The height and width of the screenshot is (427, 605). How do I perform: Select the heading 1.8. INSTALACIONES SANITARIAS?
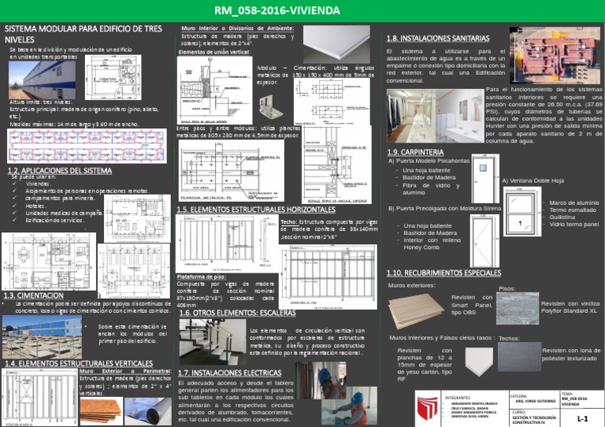click(x=437, y=38)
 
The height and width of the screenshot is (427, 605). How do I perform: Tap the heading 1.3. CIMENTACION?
click(x=33, y=295)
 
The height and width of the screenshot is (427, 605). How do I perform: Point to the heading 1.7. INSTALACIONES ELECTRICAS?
click(x=229, y=373)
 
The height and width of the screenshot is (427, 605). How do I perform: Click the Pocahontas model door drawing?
click(x=485, y=175)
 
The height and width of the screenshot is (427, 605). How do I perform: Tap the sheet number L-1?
click(x=583, y=418)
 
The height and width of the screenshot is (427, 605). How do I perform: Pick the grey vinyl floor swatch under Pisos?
click(x=517, y=308)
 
